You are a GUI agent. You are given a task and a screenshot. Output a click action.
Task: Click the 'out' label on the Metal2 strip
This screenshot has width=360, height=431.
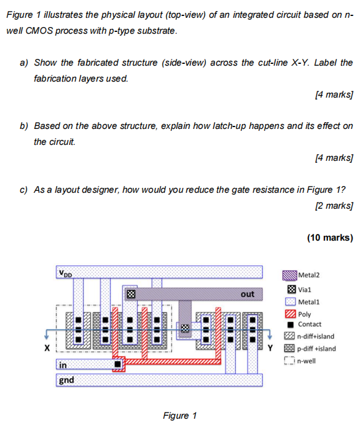[x=247, y=294]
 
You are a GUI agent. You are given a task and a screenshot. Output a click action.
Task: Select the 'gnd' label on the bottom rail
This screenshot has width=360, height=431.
[x=66, y=380]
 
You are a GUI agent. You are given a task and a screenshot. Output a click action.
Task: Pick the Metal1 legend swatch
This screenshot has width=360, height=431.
[x=290, y=301]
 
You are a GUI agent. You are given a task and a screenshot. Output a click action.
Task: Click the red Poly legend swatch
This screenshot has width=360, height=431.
[x=290, y=313]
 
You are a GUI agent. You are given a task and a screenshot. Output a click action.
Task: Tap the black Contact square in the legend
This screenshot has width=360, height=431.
[x=290, y=324]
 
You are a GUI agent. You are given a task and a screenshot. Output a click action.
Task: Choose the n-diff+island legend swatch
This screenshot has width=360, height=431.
[x=290, y=336]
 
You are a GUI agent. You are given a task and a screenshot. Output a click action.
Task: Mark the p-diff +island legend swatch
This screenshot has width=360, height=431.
[x=290, y=348]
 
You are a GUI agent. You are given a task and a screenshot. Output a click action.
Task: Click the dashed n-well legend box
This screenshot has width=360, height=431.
[x=290, y=360]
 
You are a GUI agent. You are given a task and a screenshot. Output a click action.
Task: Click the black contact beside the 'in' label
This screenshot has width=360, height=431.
[x=117, y=365]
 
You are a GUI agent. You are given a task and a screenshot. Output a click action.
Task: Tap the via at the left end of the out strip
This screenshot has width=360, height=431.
[x=130, y=294]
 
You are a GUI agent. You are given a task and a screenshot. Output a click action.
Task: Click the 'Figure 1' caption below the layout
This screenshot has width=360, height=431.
[x=179, y=416]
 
